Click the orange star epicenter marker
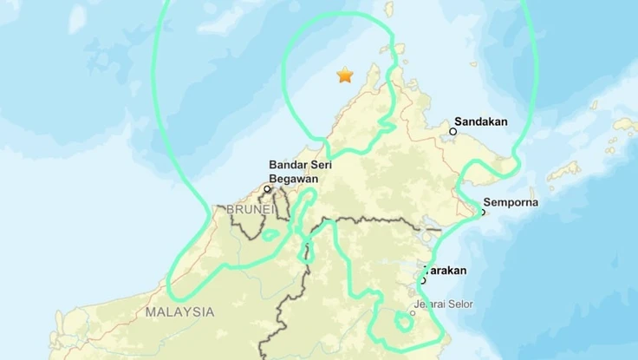click(x=345, y=75)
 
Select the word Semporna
click(x=511, y=203)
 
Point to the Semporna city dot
click(x=482, y=211)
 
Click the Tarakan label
click(x=445, y=270)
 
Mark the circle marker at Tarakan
click(x=423, y=279)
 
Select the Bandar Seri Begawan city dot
click(x=268, y=189)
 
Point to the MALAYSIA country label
click(x=179, y=311)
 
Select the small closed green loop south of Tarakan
click(x=403, y=322)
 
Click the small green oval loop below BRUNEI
click(x=306, y=253)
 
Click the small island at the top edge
click(x=389, y=9)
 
